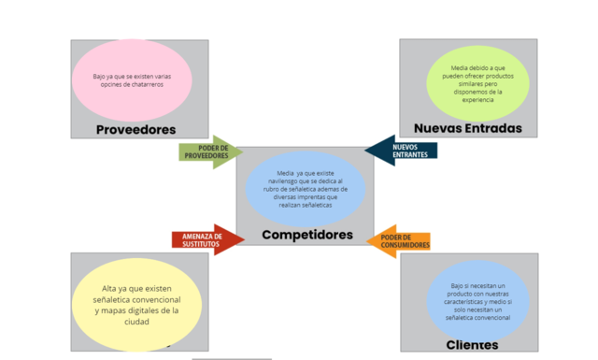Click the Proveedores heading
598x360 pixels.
tap(136, 129)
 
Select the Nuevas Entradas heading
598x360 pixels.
tap(468, 128)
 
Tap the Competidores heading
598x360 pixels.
tap(307, 235)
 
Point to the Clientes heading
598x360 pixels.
tap(472, 345)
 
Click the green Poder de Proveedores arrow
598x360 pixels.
tap(209, 151)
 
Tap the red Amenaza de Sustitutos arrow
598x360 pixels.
tap(206, 239)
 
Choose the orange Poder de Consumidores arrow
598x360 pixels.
tap(400, 242)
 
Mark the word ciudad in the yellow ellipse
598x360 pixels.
tap(136, 321)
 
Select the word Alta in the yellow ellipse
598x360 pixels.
tap(110, 288)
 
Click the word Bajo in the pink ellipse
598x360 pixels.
tap(101, 77)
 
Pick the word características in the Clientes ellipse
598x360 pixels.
tap(460, 301)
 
